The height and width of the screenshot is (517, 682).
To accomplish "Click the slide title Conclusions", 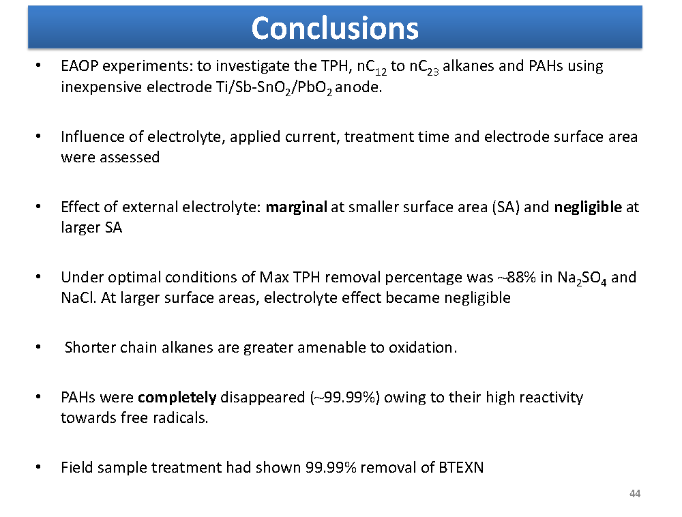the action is click(x=335, y=28).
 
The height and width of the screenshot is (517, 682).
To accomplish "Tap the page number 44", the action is click(x=634, y=494).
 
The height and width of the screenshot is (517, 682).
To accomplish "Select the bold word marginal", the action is click(x=296, y=207).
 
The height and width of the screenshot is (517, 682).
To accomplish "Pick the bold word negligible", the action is click(x=588, y=207).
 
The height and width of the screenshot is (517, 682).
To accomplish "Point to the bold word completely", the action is click(x=177, y=398).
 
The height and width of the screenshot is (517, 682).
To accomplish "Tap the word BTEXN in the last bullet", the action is click(x=461, y=467).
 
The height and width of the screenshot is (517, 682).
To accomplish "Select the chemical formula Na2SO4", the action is click(x=582, y=278).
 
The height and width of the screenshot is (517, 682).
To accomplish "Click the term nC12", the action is click(x=372, y=68).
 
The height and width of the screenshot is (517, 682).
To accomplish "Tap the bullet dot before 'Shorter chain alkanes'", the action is click(x=38, y=347).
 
